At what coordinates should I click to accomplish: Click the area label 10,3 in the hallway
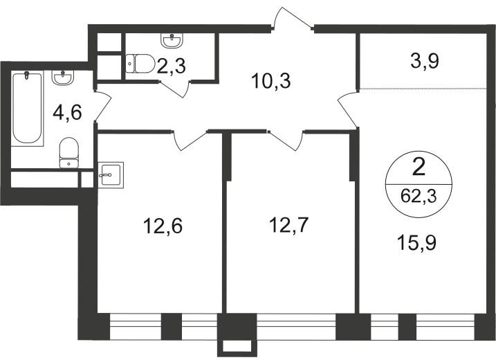pyautogui.click(x=270, y=81)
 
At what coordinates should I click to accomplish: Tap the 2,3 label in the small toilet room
pyautogui.click(x=171, y=66)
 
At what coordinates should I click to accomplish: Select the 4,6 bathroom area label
pyautogui.click(x=67, y=112)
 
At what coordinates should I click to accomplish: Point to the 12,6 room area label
pyautogui.click(x=163, y=226)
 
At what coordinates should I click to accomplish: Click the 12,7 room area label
pyautogui.click(x=288, y=225)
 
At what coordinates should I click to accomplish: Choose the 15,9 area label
pyautogui.click(x=417, y=242)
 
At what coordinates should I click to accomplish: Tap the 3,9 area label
pyautogui.click(x=425, y=61)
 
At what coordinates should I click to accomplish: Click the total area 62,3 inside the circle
pyautogui.click(x=419, y=197)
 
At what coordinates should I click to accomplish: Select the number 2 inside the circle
pyautogui.click(x=419, y=168)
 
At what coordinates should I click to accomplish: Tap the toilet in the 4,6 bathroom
pyautogui.click(x=68, y=152)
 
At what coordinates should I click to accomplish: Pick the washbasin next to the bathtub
pyautogui.click(x=63, y=78)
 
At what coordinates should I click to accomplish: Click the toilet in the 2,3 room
pyautogui.click(x=140, y=64)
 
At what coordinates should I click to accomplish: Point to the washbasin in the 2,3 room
pyautogui.click(x=172, y=41)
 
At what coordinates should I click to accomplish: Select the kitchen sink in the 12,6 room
pyautogui.click(x=111, y=174)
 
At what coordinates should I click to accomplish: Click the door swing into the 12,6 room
pyautogui.click(x=190, y=140)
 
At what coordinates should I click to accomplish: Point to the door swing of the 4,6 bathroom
pyautogui.click(x=103, y=105)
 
